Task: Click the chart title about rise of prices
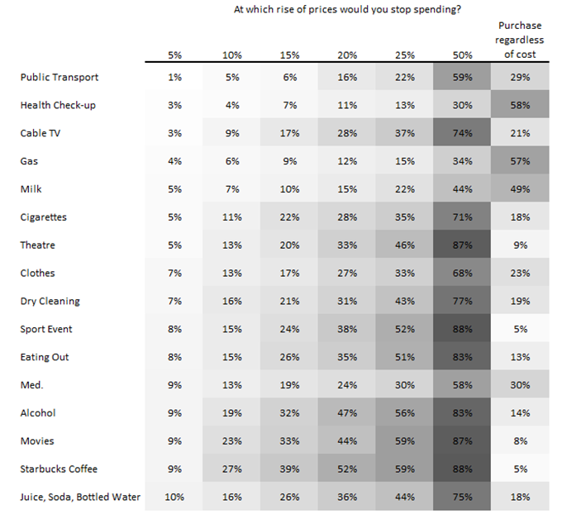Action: tap(347, 9)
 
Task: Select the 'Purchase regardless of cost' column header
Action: tap(520, 40)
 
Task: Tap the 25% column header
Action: tap(405, 55)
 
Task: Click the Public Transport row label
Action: tap(60, 78)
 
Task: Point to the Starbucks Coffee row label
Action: tap(59, 469)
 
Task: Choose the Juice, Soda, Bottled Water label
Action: tap(80, 498)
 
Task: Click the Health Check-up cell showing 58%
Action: tap(520, 106)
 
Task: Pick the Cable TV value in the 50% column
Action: tap(462, 133)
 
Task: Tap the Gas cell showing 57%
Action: tap(520, 161)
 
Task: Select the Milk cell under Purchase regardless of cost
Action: tap(520, 189)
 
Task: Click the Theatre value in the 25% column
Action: tap(405, 245)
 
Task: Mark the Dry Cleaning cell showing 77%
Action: tap(462, 301)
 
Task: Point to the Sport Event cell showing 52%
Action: tap(405, 329)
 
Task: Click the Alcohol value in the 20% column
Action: tap(347, 413)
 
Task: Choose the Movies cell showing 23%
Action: tap(232, 440)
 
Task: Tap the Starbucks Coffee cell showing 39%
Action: tap(289, 469)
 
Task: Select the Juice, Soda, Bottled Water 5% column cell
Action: tap(174, 498)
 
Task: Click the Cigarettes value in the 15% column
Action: tap(289, 217)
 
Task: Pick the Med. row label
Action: tap(31, 385)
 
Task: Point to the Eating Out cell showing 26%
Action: tap(289, 357)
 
